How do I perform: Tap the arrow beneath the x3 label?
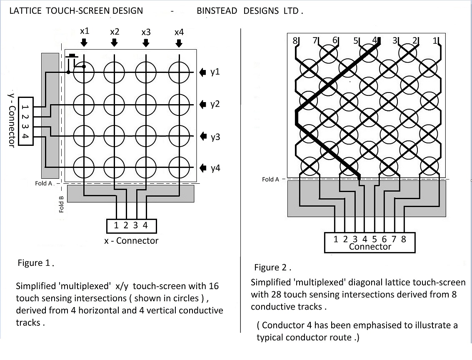[x=146, y=42]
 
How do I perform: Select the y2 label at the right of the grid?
[x=215, y=104]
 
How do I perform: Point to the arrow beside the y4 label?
[x=203, y=168]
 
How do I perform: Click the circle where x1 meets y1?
[x=84, y=72]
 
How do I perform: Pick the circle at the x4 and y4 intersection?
[x=179, y=168]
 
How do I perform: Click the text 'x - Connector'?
[x=131, y=240]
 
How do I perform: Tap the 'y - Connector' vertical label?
[x=11, y=118]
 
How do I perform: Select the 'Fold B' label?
[x=61, y=205]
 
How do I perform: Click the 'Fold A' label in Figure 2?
[x=270, y=179]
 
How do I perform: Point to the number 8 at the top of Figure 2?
[x=295, y=41]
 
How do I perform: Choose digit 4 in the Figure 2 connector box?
[x=365, y=239]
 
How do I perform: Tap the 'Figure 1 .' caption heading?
[x=36, y=263]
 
